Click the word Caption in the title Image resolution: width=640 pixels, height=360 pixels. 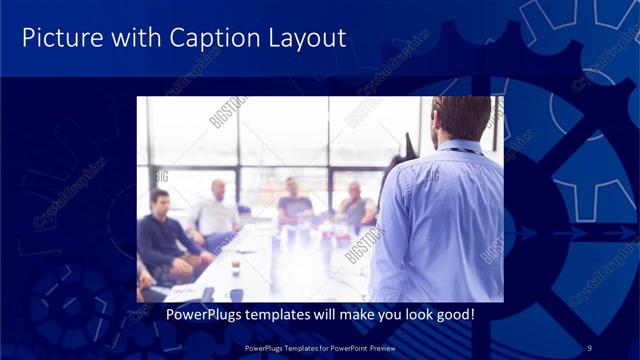point(215,39)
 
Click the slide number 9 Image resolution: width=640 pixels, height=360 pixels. point(590,347)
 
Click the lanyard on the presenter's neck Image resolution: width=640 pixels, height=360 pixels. point(459,151)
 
